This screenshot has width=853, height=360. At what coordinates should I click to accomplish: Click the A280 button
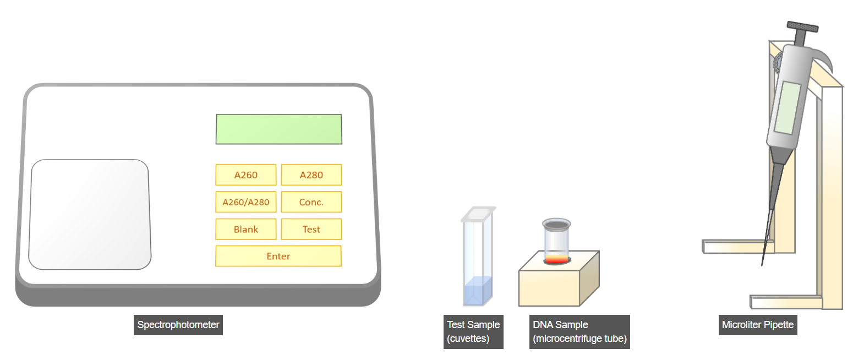pos(311,175)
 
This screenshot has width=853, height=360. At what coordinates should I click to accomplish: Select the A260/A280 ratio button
pos(245,202)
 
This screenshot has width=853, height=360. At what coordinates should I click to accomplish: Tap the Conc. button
pos(311,202)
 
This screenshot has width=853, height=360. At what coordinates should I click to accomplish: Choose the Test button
pos(311,229)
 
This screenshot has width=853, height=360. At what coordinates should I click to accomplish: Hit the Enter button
pos(278,256)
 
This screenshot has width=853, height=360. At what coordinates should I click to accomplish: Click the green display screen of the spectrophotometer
pos(279,129)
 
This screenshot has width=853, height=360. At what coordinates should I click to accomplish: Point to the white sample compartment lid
pos(90,215)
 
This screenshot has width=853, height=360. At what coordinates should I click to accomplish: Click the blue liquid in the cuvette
pos(478,291)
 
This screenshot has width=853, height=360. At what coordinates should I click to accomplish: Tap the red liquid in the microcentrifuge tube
pos(556,259)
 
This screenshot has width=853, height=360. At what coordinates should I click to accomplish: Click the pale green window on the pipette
pos(787,108)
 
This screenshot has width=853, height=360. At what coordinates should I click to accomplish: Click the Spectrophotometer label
pos(178,325)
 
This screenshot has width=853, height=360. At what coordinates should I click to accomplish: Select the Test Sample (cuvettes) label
pos(473,332)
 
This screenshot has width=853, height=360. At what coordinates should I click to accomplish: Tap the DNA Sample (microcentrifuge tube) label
pos(579,332)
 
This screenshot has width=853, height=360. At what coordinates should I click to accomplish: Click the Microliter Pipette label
pos(758,325)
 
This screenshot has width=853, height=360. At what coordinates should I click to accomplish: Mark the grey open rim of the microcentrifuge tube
pos(556,225)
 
